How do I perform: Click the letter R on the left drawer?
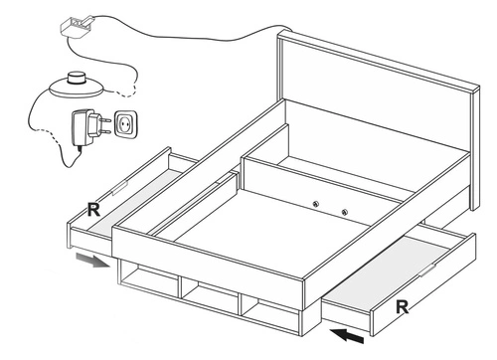pyautogui.click(x=93, y=210)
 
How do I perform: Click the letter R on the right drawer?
pyautogui.click(x=403, y=307)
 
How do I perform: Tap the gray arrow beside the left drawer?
pyautogui.click(x=92, y=260)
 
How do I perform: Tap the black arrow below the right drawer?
pyautogui.click(x=347, y=335)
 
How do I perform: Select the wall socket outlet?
pyautogui.click(x=125, y=124)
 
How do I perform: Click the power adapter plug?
pyautogui.click(x=86, y=127)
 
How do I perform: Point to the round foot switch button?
pyautogui.click(x=77, y=79)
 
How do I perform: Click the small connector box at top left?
pyautogui.click(x=77, y=26)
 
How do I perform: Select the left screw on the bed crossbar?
pyautogui.click(x=316, y=204)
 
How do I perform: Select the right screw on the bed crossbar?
pyautogui.click(x=345, y=212)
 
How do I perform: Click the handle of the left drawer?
pyautogui.click(x=119, y=188)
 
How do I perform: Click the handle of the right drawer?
pyautogui.click(x=427, y=270)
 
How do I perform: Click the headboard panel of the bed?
pyautogui.click(x=378, y=96)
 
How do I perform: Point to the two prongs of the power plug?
pyautogui.click(x=105, y=126)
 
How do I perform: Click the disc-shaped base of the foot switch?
pyautogui.click(x=77, y=89)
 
